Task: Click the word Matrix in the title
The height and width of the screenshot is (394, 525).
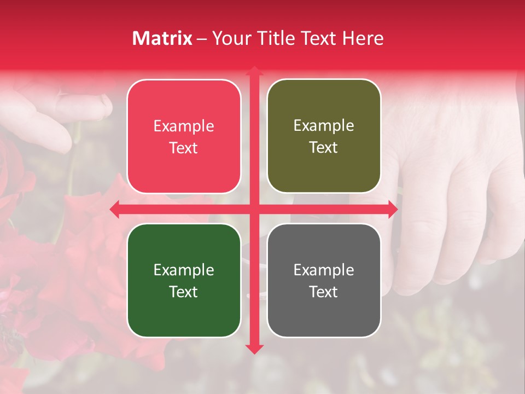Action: pyautogui.click(x=162, y=38)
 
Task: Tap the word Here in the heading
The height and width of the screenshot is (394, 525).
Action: pyautogui.click(x=363, y=38)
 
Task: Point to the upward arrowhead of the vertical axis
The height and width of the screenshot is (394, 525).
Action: pyautogui.click(x=254, y=71)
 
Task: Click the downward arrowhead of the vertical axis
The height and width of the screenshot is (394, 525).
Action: pyautogui.click(x=254, y=349)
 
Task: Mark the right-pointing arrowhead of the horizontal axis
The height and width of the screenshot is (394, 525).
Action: pyautogui.click(x=393, y=209)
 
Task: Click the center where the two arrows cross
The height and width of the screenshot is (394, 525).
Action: pyautogui.click(x=254, y=209)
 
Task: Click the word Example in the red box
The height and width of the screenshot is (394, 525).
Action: pyautogui.click(x=184, y=126)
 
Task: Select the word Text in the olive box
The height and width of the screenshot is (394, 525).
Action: pyautogui.click(x=324, y=148)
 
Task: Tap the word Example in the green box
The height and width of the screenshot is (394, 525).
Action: pyautogui.click(x=184, y=270)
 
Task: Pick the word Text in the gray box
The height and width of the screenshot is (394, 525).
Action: pyautogui.click(x=324, y=292)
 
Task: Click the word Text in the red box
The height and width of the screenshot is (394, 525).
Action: pyautogui.click(x=184, y=148)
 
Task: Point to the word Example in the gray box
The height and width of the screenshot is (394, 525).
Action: pyautogui.click(x=324, y=270)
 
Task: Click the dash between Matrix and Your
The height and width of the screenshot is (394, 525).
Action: pyautogui.click(x=202, y=39)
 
